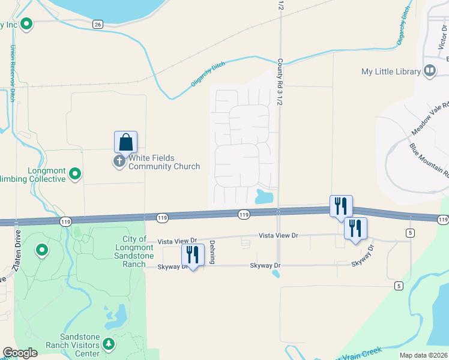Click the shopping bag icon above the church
(125, 142)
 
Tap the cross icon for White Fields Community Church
(119, 161)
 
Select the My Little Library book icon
(430, 71)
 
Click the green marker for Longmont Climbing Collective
(75, 174)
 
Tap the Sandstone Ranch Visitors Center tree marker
(109, 344)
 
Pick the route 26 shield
(98, 24)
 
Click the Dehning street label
(212, 252)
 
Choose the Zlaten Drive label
(17, 252)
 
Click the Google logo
(20, 353)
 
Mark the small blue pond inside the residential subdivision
(264, 196)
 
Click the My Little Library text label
(391, 71)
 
